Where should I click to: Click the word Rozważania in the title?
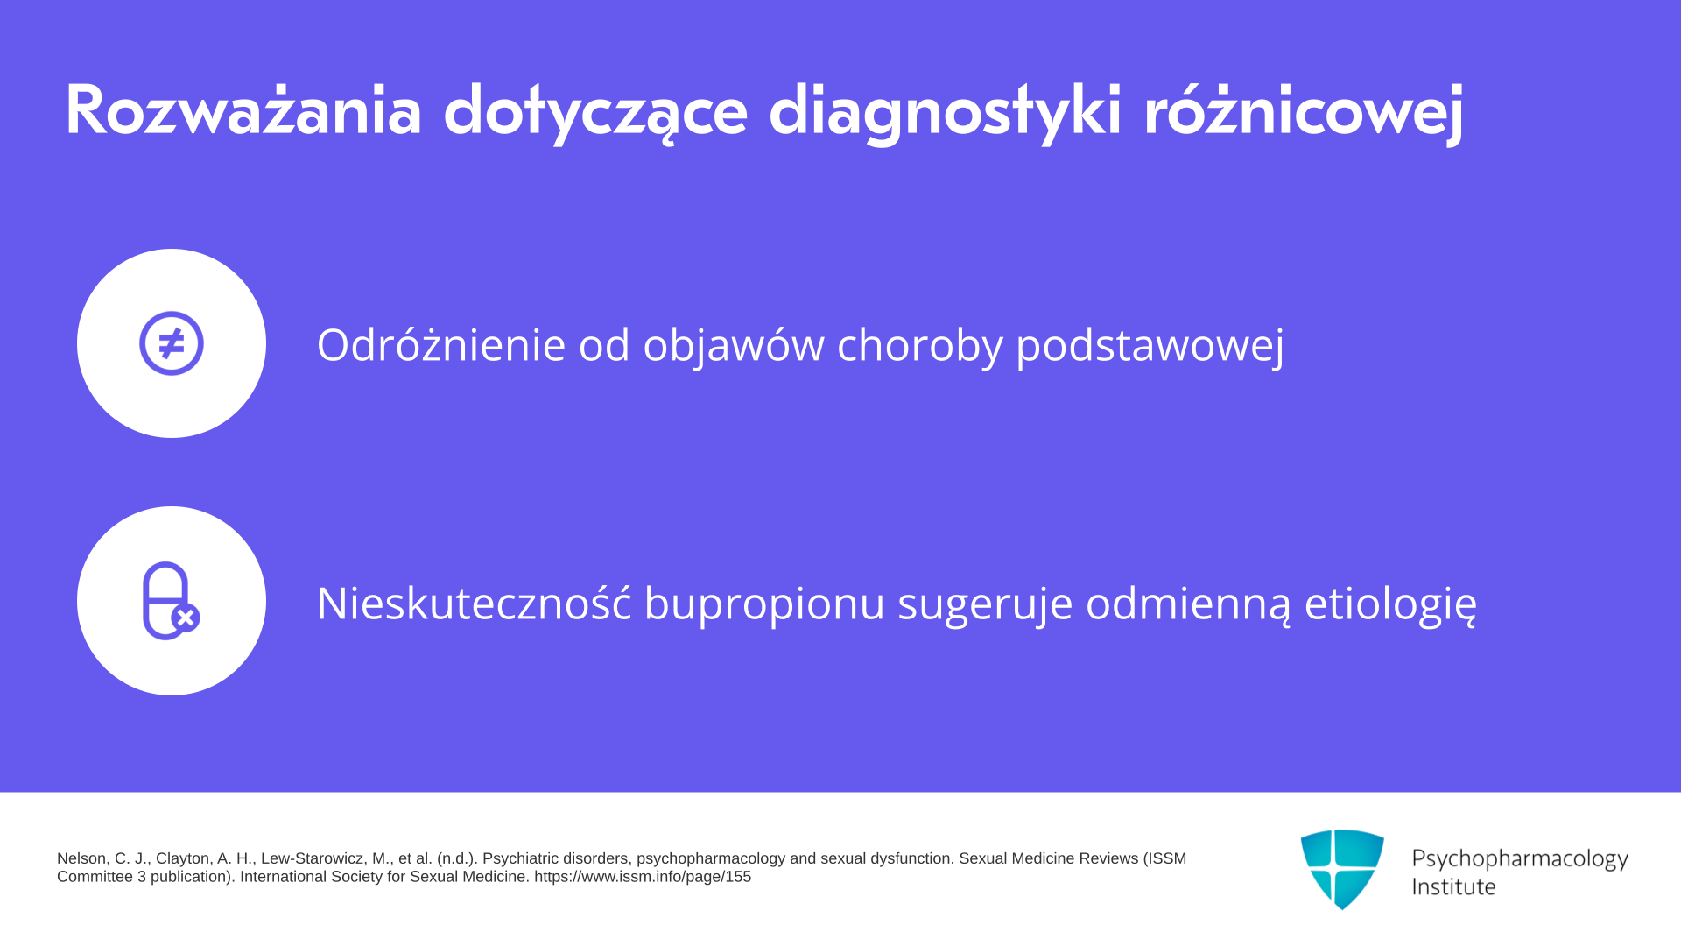pyautogui.click(x=243, y=110)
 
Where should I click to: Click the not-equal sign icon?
pyautogui.click(x=172, y=343)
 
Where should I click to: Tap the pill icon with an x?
pyautogui.click(x=171, y=601)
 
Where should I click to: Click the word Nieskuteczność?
pyautogui.click(x=474, y=603)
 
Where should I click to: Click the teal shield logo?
pyautogui.click(x=1342, y=869)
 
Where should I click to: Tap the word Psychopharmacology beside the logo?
pyautogui.click(x=1520, y=859)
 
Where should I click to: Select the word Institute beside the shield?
pyautogui.click(x=1453, y=886)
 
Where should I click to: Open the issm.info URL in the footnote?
pyautogui.click(x=643, y=877)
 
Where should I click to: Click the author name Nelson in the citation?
pyautogui.click(x=82, y=858)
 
